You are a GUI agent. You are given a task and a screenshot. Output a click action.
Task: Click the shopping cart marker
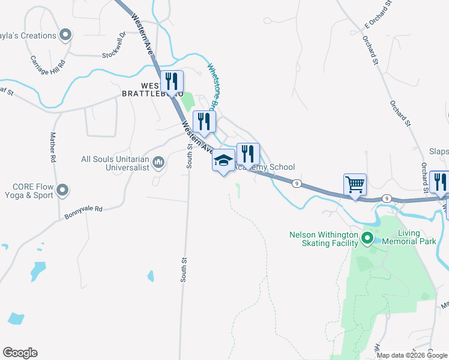click(355, 184)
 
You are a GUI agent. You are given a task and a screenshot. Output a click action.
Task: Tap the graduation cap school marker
click(224, 160)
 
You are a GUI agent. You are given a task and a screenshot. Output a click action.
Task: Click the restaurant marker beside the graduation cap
click(247, 154)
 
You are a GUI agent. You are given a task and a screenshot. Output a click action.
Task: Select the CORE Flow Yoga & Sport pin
click(62, 191)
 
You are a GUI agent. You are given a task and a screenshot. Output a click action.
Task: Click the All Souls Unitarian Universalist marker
click(158, 162)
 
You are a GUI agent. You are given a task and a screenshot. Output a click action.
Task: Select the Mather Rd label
click(53, 148)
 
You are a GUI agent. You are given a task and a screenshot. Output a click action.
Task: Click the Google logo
click(20, 353)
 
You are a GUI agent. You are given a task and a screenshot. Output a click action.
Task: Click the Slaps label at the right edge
click(438, 152)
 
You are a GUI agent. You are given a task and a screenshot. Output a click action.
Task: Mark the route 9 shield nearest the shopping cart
click(388, 198)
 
